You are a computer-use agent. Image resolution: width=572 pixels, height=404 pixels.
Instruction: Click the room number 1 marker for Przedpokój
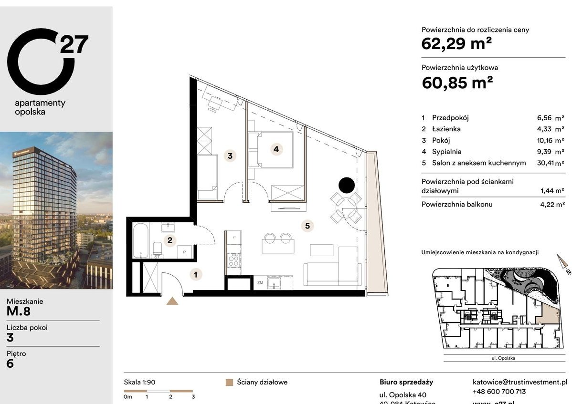click(195, 274)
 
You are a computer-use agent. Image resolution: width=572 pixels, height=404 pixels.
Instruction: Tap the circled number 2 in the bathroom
click(169, 240)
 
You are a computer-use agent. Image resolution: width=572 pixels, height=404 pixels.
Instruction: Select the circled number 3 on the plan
click(230, 155)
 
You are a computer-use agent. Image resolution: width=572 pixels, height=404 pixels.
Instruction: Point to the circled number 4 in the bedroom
click(276, 149)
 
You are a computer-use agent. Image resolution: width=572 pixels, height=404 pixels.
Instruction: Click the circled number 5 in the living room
click(308, 225)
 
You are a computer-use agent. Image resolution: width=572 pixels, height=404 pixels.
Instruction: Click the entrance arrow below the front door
click(172, 300)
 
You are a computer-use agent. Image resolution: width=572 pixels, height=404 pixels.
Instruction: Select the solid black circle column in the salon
click(346, 184)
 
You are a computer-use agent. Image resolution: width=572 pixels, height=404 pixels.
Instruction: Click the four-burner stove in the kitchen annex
click(234, 260)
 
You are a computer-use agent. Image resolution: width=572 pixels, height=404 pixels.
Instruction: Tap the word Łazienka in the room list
click(446, 129)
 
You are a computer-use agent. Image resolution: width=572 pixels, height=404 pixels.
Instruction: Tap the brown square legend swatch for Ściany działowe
click(229, 383)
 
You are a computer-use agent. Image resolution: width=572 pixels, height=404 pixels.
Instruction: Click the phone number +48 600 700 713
click(499, 392)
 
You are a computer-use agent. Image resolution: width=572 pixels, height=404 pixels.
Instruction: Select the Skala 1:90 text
click(139, 382)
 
